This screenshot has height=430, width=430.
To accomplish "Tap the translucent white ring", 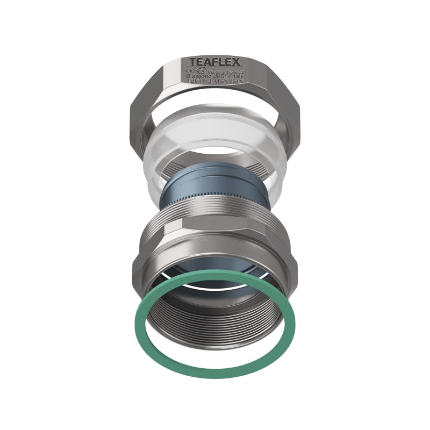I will [161, 156].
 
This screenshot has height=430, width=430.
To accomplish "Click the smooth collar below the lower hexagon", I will [215, 269].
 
